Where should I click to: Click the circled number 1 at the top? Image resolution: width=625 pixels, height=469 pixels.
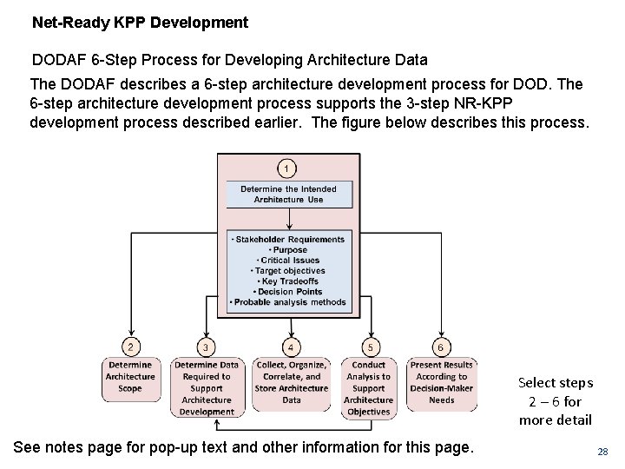[x=287, y=168]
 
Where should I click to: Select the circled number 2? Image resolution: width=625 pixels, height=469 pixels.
[x=130, y=347]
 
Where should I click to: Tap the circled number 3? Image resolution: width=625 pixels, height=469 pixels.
[x=206, y=347]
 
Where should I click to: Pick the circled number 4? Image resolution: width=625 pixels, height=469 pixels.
[x=291, y=347]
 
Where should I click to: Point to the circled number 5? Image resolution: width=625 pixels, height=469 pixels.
[x=371, y=347]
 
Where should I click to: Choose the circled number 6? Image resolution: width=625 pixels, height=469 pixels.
[x=440, y=347]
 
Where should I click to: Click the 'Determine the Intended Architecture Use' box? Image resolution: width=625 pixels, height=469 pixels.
[x=288, y=194]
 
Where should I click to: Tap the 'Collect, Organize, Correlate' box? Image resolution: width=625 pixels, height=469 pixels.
[x=291, y=382]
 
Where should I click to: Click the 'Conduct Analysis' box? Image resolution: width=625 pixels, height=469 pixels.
[x=368, y=388]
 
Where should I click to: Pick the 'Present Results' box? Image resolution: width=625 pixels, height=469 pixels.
[x=441, y=382]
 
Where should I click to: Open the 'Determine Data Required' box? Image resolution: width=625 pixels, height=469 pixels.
[x=207, y=388]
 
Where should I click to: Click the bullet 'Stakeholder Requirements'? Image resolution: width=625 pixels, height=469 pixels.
[x=289, y=239]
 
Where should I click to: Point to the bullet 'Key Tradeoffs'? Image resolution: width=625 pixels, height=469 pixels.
[x=289, y=281]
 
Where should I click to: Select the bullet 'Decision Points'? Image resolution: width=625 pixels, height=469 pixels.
[x=289, y=292]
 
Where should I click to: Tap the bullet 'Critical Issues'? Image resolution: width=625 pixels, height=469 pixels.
[x=289, y=260]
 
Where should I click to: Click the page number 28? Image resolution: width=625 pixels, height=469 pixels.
[x=602, y=452]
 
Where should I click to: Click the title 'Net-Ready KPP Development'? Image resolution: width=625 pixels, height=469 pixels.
[x=140, y=23]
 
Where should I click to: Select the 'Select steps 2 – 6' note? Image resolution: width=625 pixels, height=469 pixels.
[x=556, y=401]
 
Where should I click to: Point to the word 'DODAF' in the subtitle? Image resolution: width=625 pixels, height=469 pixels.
[x=56, y=60]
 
